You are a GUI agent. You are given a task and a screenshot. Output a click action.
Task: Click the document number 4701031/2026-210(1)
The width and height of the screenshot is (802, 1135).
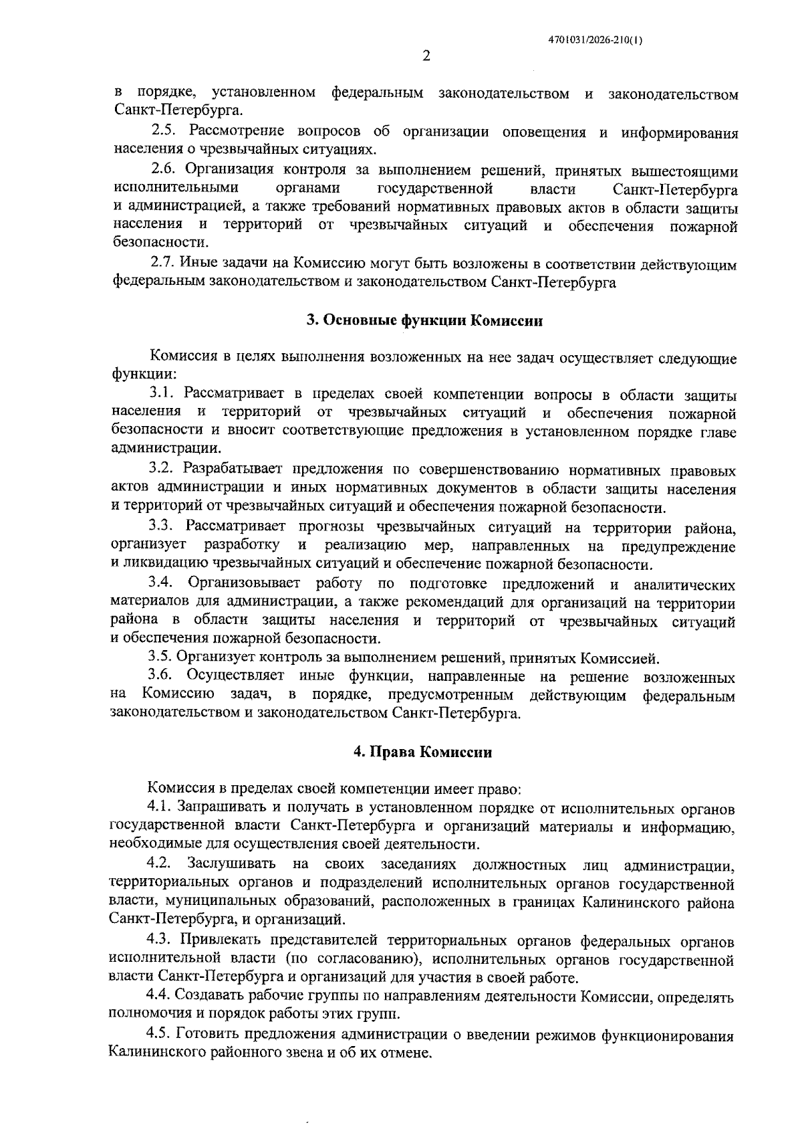tap(595, 39)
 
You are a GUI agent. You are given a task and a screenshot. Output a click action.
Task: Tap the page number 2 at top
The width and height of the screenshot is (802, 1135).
tap(426, 56)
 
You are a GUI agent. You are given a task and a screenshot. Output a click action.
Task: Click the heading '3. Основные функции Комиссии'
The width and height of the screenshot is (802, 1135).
tap(424, 320)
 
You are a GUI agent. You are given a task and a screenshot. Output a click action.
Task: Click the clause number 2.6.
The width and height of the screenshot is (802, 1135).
tap(164, 170)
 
